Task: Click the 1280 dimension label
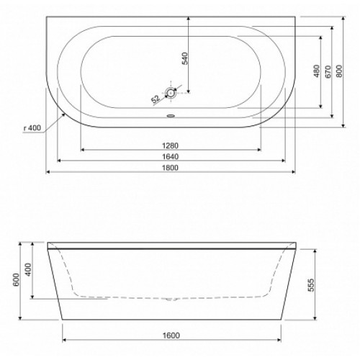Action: (x=171, y=145)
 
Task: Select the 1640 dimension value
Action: (x=171, y=156)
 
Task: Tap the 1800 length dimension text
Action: (x=171, y=168)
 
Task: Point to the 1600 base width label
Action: (x=171, y=336)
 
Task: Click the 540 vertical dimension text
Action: (x=186, y=58)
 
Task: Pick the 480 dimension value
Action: (x=317, y=71)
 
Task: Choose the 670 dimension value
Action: (x=328, y=71)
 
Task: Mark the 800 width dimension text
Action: (x=339, y=71)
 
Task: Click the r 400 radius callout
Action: (x=32, y=128)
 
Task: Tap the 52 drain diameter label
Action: (x=156, y=99)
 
